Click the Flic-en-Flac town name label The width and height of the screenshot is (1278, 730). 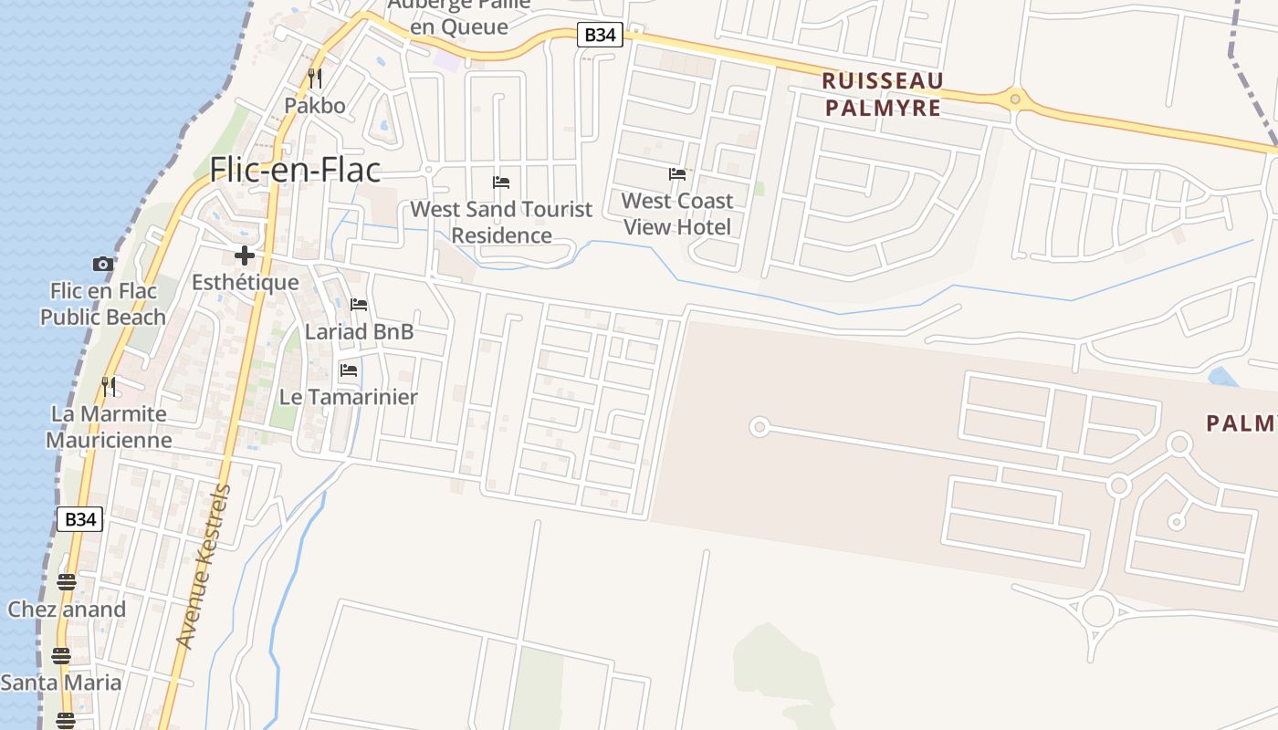[x=295, y=170]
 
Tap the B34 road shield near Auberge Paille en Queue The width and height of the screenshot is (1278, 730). [x=601, y=36]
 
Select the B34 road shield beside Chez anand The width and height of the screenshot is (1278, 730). [x=80, y=519]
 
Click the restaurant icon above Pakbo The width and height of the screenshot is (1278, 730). [x=315, y=78]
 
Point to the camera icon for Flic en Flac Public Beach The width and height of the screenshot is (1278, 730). [x=102, y=264]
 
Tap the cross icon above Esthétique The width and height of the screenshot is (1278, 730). [x=244, y=255]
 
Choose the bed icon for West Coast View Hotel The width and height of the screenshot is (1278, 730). [x=676, y=173]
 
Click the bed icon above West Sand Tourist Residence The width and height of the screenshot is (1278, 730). [x=500, y=182]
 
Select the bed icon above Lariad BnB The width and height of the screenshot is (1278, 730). [x=359, y=305]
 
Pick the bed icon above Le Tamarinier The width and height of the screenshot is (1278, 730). [x=348, y=370]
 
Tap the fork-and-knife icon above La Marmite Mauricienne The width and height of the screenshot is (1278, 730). [x=109, y=386]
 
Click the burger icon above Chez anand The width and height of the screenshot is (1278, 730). [x=66, y=581]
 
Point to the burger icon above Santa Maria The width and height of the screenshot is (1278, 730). [x=61, y=655]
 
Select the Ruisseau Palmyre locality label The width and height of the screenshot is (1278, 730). [x=882, y=94]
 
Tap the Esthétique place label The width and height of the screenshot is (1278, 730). [x=245, y=282]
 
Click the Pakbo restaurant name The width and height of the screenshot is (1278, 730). [x=315, y=105]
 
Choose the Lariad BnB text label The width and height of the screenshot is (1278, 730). [x=359, y=331]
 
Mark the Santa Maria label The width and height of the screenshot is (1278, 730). [x=61, y=683]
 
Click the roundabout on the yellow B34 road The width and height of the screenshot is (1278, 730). [x=1014, y=99]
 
